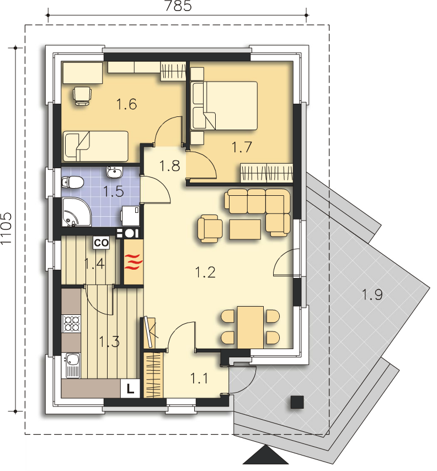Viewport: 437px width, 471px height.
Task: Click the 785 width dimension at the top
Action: (177, 7)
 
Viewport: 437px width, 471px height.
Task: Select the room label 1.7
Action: (242, 147)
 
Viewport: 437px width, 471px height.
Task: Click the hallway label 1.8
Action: (169, 166)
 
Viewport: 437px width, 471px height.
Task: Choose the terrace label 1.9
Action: (372, 295)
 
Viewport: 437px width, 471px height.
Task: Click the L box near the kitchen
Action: (130, 388)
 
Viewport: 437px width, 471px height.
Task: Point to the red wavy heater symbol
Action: (132, 261)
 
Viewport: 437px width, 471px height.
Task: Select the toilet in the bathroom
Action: (72, 182)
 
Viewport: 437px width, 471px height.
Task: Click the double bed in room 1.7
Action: (224, 105)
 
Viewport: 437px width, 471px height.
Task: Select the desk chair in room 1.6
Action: (82, 95)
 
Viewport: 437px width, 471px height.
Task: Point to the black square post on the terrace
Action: (297, 402)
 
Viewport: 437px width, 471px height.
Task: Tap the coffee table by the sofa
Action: (245, 229)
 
